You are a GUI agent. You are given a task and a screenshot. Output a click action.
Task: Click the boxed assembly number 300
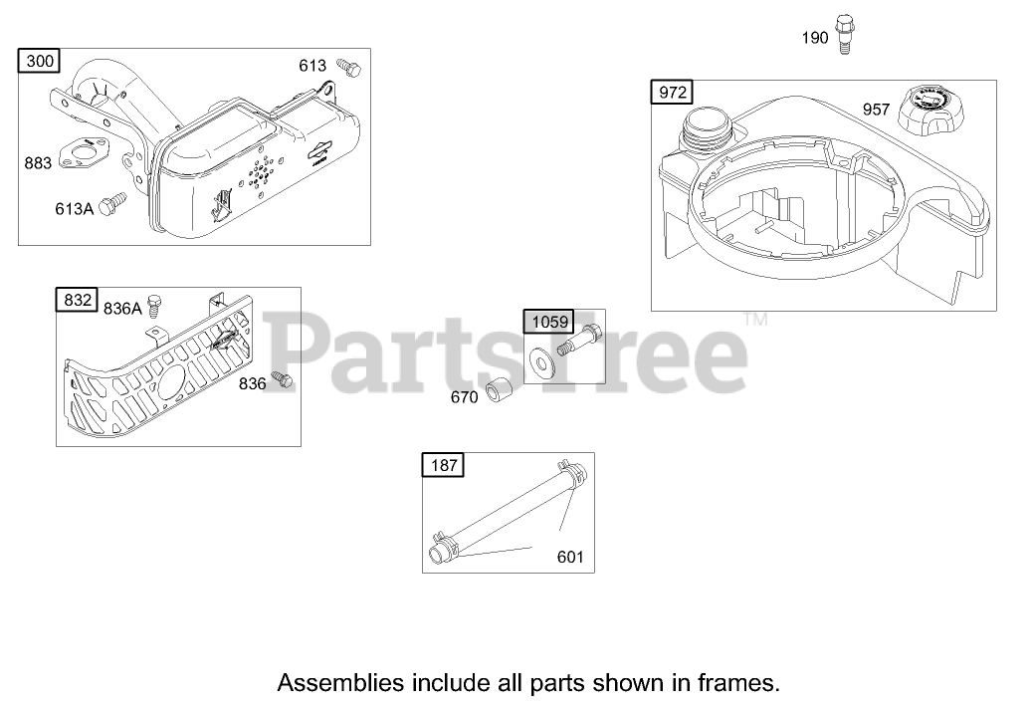40,62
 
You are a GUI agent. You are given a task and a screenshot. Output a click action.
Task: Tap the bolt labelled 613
348,68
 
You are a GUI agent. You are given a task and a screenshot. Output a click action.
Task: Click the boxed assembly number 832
79,300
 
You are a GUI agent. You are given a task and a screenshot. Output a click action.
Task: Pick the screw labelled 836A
154,303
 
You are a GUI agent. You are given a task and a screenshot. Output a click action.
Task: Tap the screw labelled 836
283,380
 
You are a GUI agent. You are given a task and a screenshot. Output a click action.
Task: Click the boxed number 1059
550,321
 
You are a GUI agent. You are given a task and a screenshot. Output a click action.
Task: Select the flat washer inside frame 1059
543,360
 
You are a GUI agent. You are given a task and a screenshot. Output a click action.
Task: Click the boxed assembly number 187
443,464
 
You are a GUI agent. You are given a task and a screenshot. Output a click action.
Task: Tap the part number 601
570,557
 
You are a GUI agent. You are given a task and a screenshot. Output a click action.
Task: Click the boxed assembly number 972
672,93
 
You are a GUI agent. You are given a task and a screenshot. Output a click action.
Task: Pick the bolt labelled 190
844,32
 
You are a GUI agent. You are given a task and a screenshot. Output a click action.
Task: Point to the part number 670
465,396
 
